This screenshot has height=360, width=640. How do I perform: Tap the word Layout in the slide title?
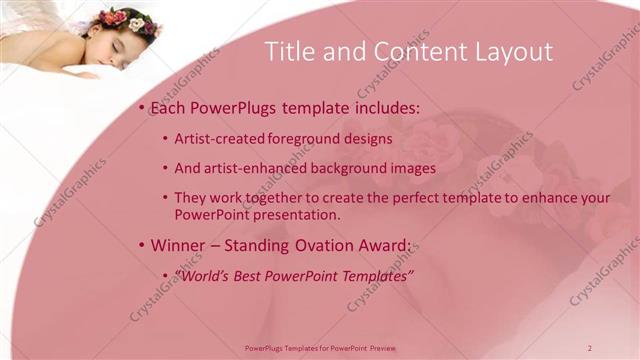point(510,53)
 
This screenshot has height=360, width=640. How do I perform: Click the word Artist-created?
point(215,139)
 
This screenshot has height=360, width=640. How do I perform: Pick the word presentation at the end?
point(302,214)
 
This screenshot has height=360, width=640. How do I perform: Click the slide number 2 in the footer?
point(590,347)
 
